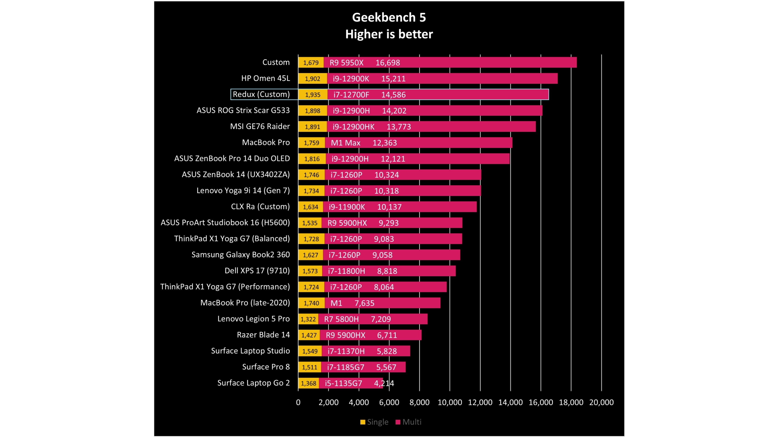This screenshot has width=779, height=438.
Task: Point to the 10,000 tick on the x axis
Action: coord(450,402)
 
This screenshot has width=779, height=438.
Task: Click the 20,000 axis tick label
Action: coord(601,402)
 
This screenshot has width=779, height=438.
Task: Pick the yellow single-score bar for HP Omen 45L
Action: coord(312,79)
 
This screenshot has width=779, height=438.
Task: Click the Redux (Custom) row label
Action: coord(261,94)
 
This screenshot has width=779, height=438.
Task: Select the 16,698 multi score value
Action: coord(388,63)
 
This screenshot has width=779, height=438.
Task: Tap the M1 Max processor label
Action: coord(345,143)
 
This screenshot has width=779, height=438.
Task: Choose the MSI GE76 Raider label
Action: coord(260,126)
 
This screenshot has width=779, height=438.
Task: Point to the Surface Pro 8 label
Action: coord(266,367)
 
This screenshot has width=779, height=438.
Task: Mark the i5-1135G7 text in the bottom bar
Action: coord(343,383)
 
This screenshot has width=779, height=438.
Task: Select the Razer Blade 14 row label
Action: coord(263,335)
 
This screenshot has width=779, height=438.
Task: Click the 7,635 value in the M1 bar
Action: coord(364,303)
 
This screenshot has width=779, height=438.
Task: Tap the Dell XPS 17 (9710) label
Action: coord(257,271)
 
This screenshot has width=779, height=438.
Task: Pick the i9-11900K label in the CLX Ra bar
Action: coord(347,207)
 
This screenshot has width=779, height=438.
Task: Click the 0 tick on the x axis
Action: coord(298,402)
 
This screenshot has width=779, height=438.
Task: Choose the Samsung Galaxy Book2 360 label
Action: coord(240,255)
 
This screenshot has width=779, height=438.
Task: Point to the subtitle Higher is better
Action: coord(389,34)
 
